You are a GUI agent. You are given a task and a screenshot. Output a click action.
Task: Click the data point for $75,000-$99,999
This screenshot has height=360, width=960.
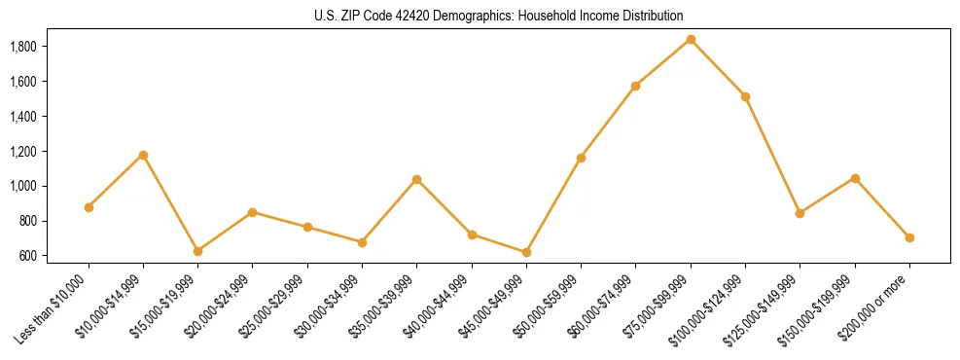(x=691, y=40)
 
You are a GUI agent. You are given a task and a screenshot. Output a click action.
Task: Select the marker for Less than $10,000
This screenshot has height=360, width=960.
(x=89, y=207)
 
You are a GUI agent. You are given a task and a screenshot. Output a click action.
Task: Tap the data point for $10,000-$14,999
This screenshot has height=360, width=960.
(x=143, y=155)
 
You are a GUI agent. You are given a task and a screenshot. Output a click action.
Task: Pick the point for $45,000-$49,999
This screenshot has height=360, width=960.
(x=526, y=253)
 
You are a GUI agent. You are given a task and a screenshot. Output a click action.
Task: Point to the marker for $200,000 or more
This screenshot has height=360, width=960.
(x=909, y=237)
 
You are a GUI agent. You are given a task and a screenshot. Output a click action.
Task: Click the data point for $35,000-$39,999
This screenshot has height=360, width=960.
(x=416, y=179)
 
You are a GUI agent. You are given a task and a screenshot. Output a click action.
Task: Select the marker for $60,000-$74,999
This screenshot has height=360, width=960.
(x=635, y=86)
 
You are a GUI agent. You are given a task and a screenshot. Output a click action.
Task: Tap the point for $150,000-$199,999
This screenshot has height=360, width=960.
(x=855, y=178)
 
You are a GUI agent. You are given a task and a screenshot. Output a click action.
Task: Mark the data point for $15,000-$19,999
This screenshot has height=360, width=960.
(x=197, y=251)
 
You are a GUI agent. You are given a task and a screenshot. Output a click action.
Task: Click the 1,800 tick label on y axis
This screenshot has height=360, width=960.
(x=22, y=47)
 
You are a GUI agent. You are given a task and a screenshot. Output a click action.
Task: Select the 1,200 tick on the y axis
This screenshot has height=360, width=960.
(x=22, y=152)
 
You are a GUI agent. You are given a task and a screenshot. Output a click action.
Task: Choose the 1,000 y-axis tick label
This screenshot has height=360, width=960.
(x=22, y=187)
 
